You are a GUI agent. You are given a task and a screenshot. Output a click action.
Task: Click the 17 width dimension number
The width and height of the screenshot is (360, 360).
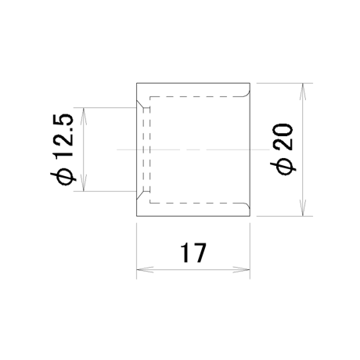(x=193, y=253)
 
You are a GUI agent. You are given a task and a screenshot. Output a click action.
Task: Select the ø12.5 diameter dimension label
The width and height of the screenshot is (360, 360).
(x=63, y=149)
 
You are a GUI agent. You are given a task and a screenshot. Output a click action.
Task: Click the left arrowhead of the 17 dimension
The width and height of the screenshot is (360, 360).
(x=145, y=270)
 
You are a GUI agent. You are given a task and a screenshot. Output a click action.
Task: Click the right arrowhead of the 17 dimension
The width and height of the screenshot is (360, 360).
(x=242, y=270)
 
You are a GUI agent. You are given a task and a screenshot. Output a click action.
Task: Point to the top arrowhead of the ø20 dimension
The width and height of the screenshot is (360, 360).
(x=302, y=92)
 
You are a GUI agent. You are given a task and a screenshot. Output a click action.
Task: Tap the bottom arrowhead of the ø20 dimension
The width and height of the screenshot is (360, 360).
(x=302, y=207)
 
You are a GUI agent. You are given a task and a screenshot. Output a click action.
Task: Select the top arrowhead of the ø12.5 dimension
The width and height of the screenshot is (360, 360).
(x=84, y=116)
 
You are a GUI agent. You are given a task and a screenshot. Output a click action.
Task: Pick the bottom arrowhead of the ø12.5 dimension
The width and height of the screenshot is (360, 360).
(x=84, y=182)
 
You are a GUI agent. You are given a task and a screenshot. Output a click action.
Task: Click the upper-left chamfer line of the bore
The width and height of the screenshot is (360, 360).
(x=140, y=104)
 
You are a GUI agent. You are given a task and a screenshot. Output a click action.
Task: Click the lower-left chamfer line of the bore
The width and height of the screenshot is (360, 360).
(x=140, y=195)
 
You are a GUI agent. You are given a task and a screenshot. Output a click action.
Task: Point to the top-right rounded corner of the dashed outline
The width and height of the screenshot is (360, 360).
(x=247, y=94)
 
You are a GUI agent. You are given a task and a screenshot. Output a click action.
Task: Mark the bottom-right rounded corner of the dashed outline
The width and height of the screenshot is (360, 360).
(x=247, y=206)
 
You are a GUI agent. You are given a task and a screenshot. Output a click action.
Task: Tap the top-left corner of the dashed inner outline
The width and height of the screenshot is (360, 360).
(x=149, y=97)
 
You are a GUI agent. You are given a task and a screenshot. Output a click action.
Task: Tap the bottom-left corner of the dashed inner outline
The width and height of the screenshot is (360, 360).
(x=149, y=203)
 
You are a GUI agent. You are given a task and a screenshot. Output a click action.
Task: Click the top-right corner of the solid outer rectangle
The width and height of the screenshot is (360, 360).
(x=250, y=83)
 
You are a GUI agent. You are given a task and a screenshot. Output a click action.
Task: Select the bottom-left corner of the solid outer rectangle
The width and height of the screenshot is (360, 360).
(x=136, y=216)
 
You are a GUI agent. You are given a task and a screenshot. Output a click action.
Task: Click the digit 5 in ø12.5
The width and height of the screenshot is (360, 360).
(x=63, y=121)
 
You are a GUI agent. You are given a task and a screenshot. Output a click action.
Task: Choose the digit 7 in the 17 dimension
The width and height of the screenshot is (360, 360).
(x=200, y=253)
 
